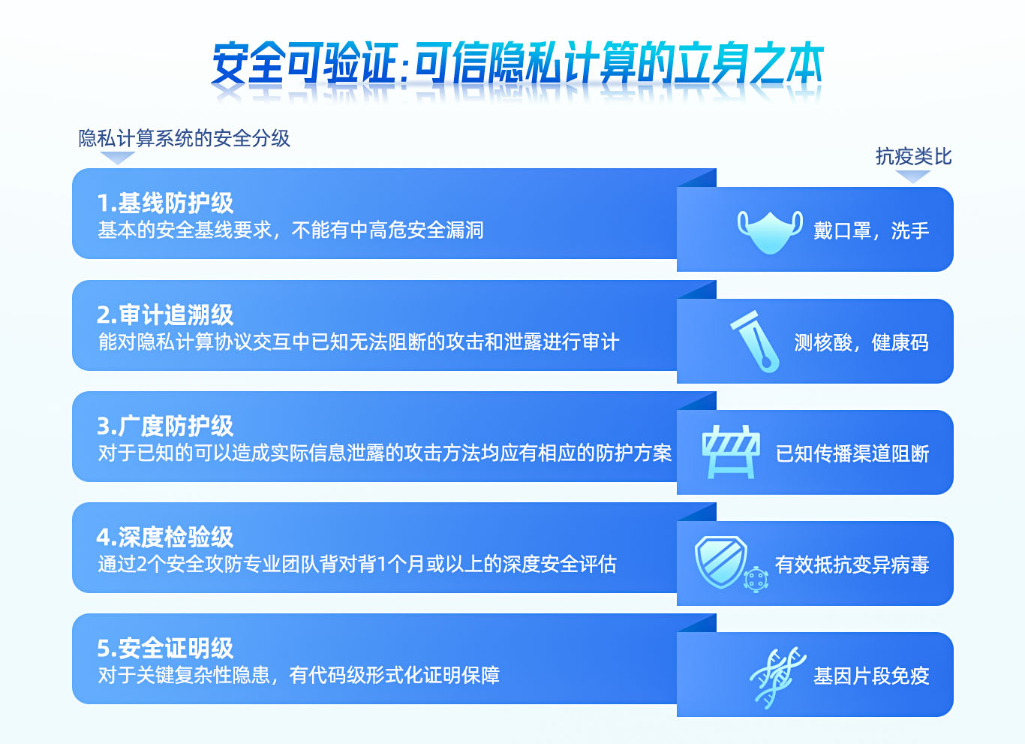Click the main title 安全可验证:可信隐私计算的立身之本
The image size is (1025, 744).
(517, 64)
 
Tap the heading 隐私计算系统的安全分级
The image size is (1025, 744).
(184, 138)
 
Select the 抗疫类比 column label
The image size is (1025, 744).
(913, 156)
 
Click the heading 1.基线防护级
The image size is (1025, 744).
(165, 203)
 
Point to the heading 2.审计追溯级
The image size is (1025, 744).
(165, 315)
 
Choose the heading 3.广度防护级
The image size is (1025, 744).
(165, 426)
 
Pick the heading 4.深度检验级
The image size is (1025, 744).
(165, 537)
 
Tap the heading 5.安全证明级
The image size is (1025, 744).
(165, 648)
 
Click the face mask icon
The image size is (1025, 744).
(770, 230)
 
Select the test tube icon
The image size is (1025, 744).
(756, 342)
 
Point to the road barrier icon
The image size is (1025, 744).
(730, 452)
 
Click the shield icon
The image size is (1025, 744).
(720, 561)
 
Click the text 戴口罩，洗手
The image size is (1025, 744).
(871, 230)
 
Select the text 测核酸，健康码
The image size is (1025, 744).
(861, 342)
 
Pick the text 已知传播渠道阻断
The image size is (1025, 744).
(852, 453)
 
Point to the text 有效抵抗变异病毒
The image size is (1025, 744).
(852, 565)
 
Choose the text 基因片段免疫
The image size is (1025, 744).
(871, 676)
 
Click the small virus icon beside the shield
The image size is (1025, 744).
(756, 579)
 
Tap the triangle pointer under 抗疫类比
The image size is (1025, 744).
(913, 176)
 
